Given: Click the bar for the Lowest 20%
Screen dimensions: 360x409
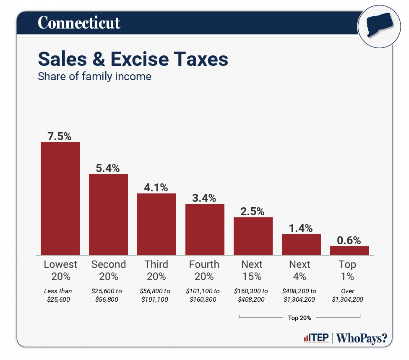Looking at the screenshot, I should coord(60,198).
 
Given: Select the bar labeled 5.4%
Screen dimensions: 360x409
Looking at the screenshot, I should coord(108,214).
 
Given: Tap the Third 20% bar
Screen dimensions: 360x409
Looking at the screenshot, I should coord(156,224).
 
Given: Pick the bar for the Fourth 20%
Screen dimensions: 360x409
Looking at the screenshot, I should coord(205,229).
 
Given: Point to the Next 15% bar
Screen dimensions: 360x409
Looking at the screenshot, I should coord(253,236).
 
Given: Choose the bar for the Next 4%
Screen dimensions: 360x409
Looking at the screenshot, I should coord(301,244).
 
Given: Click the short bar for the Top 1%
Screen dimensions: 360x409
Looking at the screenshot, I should coord(349,250).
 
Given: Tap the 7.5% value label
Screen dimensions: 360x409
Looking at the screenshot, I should coord(60,136).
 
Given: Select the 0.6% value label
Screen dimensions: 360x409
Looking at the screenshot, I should coord(349,240).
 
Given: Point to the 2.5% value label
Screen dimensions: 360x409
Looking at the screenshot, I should coord(253,211).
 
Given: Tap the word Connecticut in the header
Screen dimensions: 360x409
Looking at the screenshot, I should coord(79,23).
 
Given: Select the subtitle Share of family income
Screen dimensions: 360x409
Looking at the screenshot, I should coord(94,77).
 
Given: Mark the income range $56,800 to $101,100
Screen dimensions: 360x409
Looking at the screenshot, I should coord(156,295).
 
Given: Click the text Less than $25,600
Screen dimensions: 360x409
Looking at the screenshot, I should coord(58,295).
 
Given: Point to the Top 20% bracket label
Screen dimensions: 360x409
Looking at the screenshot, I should coord(300,318).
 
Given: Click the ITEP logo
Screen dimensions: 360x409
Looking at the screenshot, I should coord(316,338).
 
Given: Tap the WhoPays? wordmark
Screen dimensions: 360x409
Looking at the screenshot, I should coord(362,338).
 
